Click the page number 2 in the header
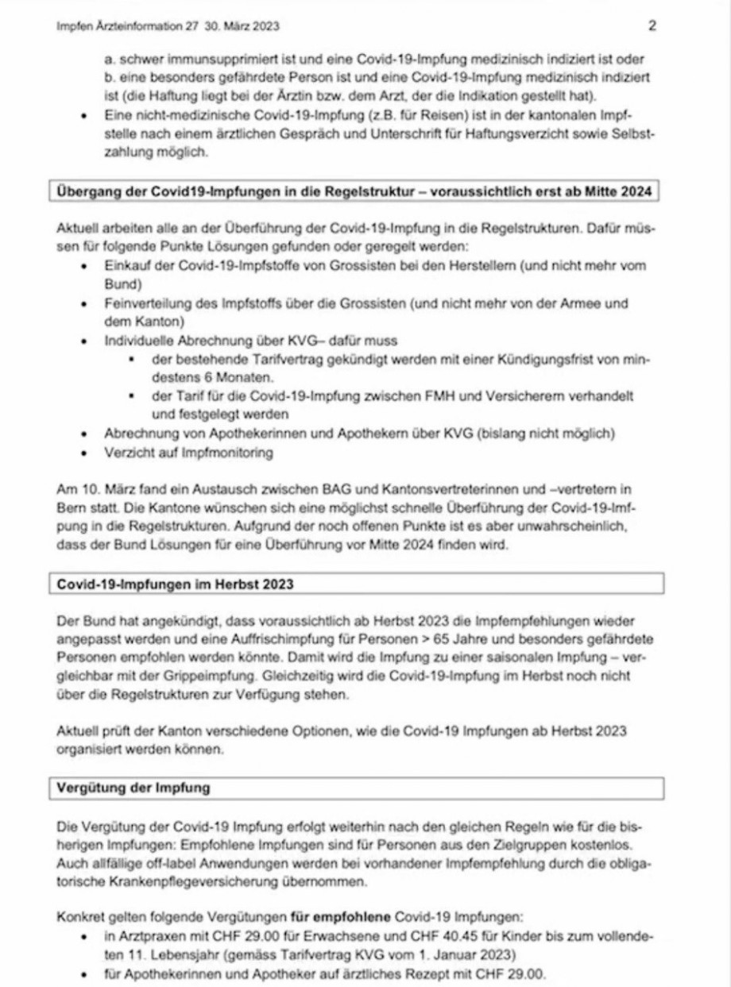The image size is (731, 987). coord(652,25)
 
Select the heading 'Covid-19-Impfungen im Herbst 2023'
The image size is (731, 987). coord(176,584)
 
